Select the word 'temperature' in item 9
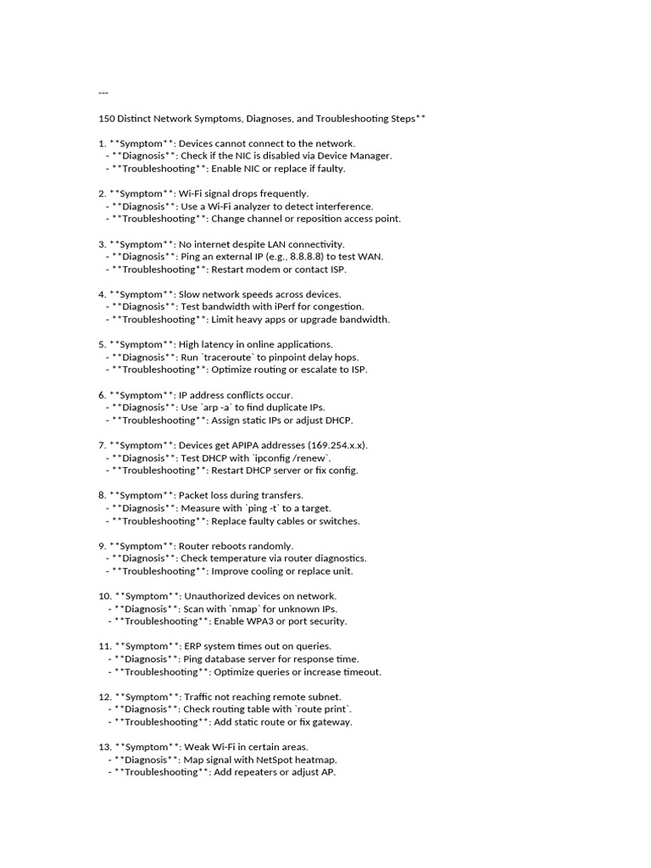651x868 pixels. coord(244,559)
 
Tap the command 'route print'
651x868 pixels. coord(321,709)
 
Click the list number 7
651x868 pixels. coord(102,445)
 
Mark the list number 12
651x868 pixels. coord(105,697)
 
